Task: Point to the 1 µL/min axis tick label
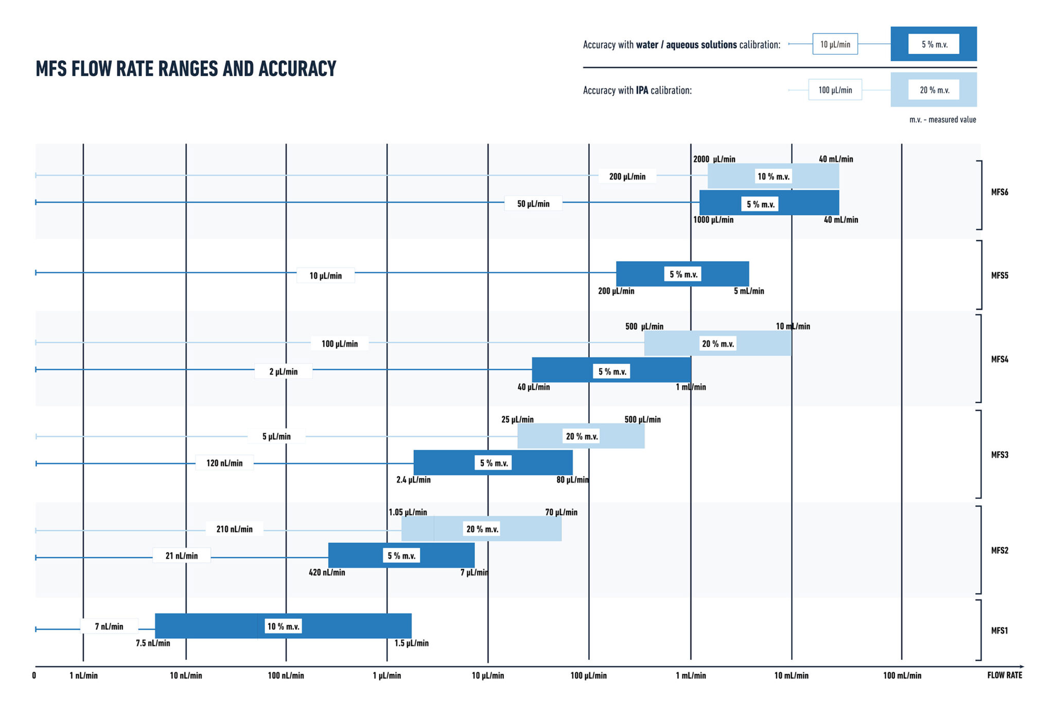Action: click(387, 675)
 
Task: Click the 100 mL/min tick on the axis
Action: click(902, 675)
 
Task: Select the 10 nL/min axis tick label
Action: click(186, 675)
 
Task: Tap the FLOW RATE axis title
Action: click(1004, 675)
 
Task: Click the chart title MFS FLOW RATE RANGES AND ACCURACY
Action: click(186, 68)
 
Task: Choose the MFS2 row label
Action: click(999, 550)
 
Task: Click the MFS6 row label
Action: click(999, 192)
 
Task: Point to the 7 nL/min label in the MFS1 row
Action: click(109, 626)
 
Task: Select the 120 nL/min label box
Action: click(224, 463)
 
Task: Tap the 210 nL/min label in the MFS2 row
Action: click(234, 529)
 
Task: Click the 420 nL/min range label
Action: click(327, 572)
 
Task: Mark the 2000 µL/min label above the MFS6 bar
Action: click(714, 159)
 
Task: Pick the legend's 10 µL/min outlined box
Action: click(835, 44)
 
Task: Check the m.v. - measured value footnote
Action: click(942, 119)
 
